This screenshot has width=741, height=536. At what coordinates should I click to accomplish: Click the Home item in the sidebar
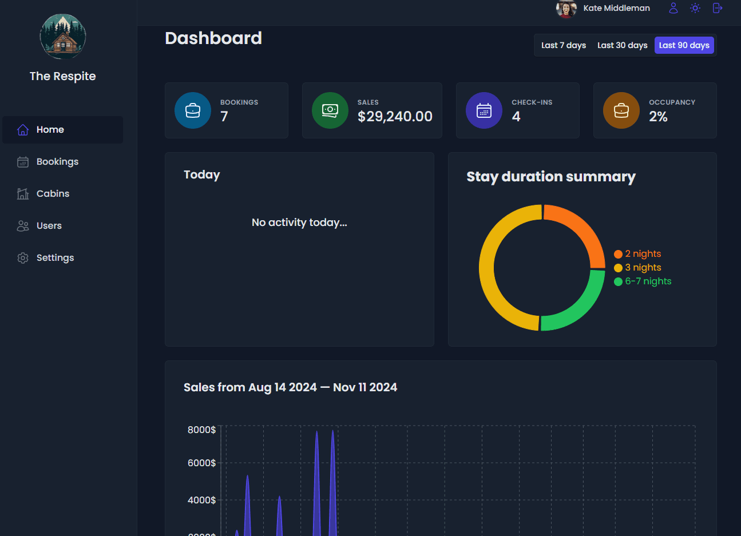coord(50,130)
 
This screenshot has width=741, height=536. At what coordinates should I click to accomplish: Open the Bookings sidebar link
coord(57,162)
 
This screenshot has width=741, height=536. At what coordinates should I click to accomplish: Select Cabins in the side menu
coord(53,194)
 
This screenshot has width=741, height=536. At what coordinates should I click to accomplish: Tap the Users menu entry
coord(49,226)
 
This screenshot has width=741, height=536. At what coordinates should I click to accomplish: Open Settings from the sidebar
coord(55,258)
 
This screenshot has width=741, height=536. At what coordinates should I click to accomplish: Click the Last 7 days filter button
coord(564,45)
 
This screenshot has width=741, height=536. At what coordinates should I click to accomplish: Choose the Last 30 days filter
coord(622,45)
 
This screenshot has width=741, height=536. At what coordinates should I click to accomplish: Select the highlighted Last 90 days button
coord(684,45)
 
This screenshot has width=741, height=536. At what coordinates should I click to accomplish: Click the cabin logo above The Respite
coord(63,37)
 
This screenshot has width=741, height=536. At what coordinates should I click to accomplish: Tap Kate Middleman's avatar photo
coord(566,9)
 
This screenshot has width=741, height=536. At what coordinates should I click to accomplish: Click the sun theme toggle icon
coord(695,8)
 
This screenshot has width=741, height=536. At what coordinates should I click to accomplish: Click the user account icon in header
coord(673,8)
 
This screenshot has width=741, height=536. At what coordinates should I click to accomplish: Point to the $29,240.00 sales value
coord(395,117)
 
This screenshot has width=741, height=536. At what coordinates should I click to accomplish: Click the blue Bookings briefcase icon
coord(193,110)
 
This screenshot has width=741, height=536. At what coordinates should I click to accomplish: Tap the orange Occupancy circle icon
coord(621,110)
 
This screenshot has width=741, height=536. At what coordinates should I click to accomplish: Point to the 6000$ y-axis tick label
coord(201,463)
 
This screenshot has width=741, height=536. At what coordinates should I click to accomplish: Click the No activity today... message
coord(299,223)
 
